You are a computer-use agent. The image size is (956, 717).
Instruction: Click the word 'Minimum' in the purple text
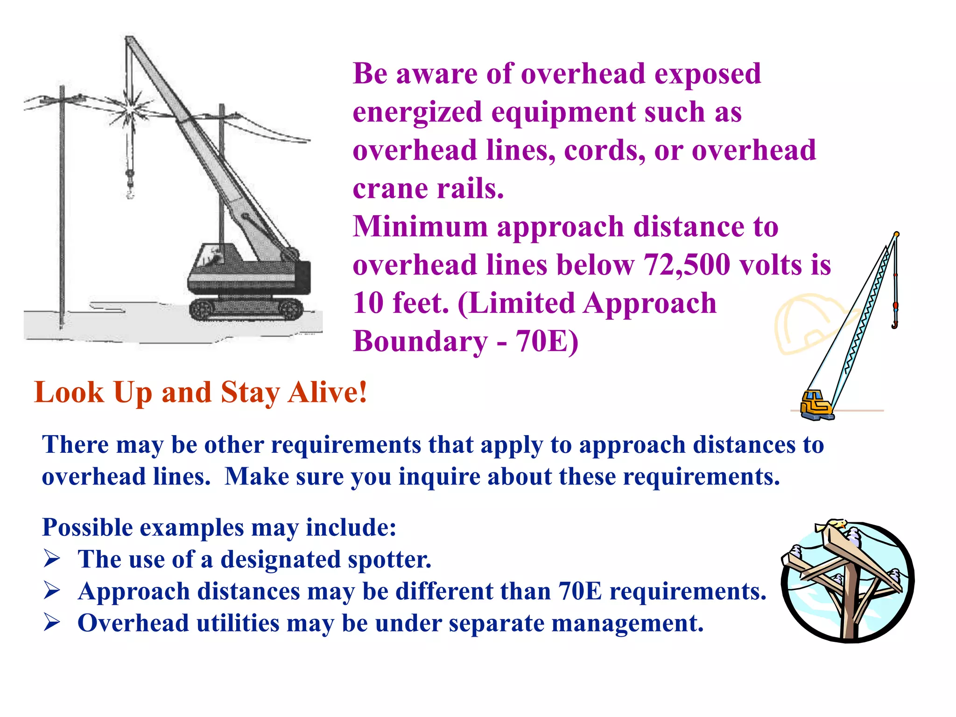[420, 227]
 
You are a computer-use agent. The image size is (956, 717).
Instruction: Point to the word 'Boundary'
[420, 342]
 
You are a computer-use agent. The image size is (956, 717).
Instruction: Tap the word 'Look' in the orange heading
[69, 392]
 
